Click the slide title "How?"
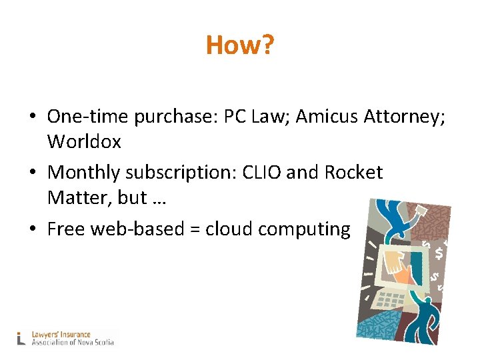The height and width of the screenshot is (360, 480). pos(239,45)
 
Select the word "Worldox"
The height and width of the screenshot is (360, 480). pos(84,141)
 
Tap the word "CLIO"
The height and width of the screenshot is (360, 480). pos(261,173)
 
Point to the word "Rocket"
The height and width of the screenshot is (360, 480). pos(353,173)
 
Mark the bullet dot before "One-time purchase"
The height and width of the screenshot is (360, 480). pos(32,117)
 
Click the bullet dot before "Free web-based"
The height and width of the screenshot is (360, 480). pos(32,229)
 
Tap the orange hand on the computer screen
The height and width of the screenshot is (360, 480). pos(401,266)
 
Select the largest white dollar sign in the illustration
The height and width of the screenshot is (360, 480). pos(438,253)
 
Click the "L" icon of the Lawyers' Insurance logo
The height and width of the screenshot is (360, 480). pos(22,337)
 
